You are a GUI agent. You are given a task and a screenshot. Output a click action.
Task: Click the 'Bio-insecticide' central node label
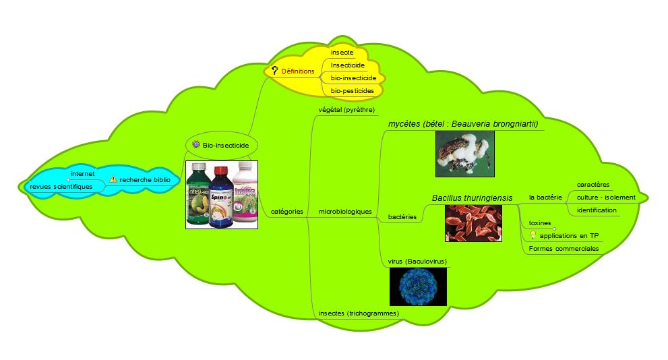(226, 145)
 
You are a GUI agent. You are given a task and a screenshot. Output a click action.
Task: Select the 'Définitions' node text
(297, 70)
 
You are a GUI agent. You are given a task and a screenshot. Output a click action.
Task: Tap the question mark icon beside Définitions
(274, 70)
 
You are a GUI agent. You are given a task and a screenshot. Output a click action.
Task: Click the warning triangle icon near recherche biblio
(113, 179)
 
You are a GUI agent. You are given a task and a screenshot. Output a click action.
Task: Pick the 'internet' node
(82, 174)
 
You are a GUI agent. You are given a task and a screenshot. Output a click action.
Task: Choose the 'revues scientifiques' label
(61, 187)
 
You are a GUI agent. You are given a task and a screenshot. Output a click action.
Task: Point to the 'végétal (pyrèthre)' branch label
(346, 109)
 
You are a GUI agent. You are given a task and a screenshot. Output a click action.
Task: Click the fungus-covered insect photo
(464, 154)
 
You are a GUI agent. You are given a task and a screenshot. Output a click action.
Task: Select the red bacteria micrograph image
(473, 222)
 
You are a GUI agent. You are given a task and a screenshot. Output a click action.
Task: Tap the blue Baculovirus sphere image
(419, 287)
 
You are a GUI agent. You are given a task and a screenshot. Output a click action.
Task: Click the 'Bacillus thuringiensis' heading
(472, 198)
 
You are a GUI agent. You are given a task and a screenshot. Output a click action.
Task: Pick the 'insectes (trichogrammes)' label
(359, 313)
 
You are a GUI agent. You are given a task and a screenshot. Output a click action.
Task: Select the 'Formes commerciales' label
(564, 249)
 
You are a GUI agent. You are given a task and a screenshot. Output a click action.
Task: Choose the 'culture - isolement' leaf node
(606, 197)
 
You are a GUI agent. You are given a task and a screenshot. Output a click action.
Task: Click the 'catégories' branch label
(286, 212)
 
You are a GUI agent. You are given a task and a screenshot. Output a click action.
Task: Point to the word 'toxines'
(540, 222)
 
